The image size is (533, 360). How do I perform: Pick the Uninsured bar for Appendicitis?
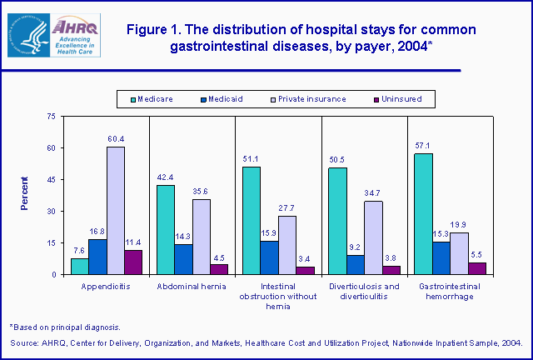point(132,262)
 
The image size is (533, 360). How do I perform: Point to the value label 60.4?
point(116,139)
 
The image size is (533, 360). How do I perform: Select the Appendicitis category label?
point(107,286)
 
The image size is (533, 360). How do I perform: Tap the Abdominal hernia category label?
point(192,286)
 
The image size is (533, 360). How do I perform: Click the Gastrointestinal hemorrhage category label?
point(449,291)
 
